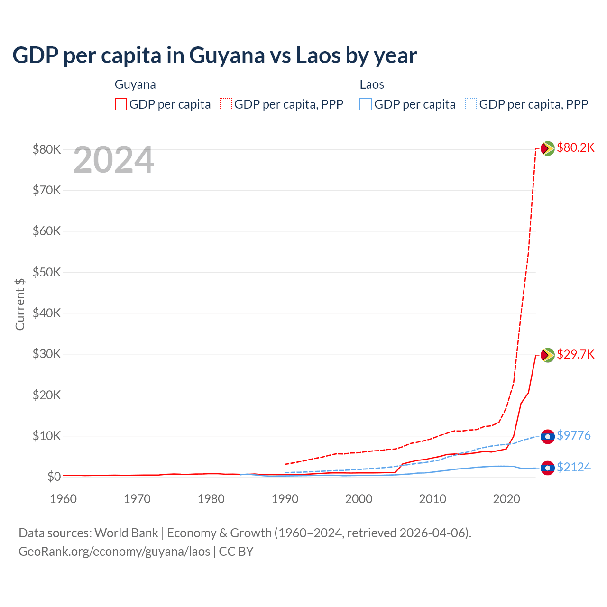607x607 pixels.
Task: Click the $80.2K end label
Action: click(575, 147)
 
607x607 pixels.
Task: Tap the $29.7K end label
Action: click(575, 354)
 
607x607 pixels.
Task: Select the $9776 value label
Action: click(573, 435)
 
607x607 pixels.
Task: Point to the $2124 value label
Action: click(573, 467)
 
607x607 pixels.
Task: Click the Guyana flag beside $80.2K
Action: click(548, 148)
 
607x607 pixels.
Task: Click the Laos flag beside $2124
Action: click(548, 468)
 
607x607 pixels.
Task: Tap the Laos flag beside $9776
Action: click(548, 436)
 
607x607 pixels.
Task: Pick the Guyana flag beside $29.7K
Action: click(548, 355)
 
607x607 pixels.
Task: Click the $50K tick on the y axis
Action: click(46, 272)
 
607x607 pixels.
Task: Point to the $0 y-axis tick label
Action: click(54, 477)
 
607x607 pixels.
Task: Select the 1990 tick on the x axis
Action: click(285, 499)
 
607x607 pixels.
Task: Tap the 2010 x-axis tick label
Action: click(432, 499)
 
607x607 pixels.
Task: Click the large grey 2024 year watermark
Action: click(113, 160)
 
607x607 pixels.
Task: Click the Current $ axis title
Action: click(20, 304)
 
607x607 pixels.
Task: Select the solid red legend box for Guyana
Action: click(121, 104)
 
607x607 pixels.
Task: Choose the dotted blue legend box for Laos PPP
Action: click(471, 104)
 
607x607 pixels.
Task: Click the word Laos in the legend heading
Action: click(372, 84)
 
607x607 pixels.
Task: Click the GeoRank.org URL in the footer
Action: click(114, 552)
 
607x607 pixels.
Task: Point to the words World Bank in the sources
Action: click(126, 533)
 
